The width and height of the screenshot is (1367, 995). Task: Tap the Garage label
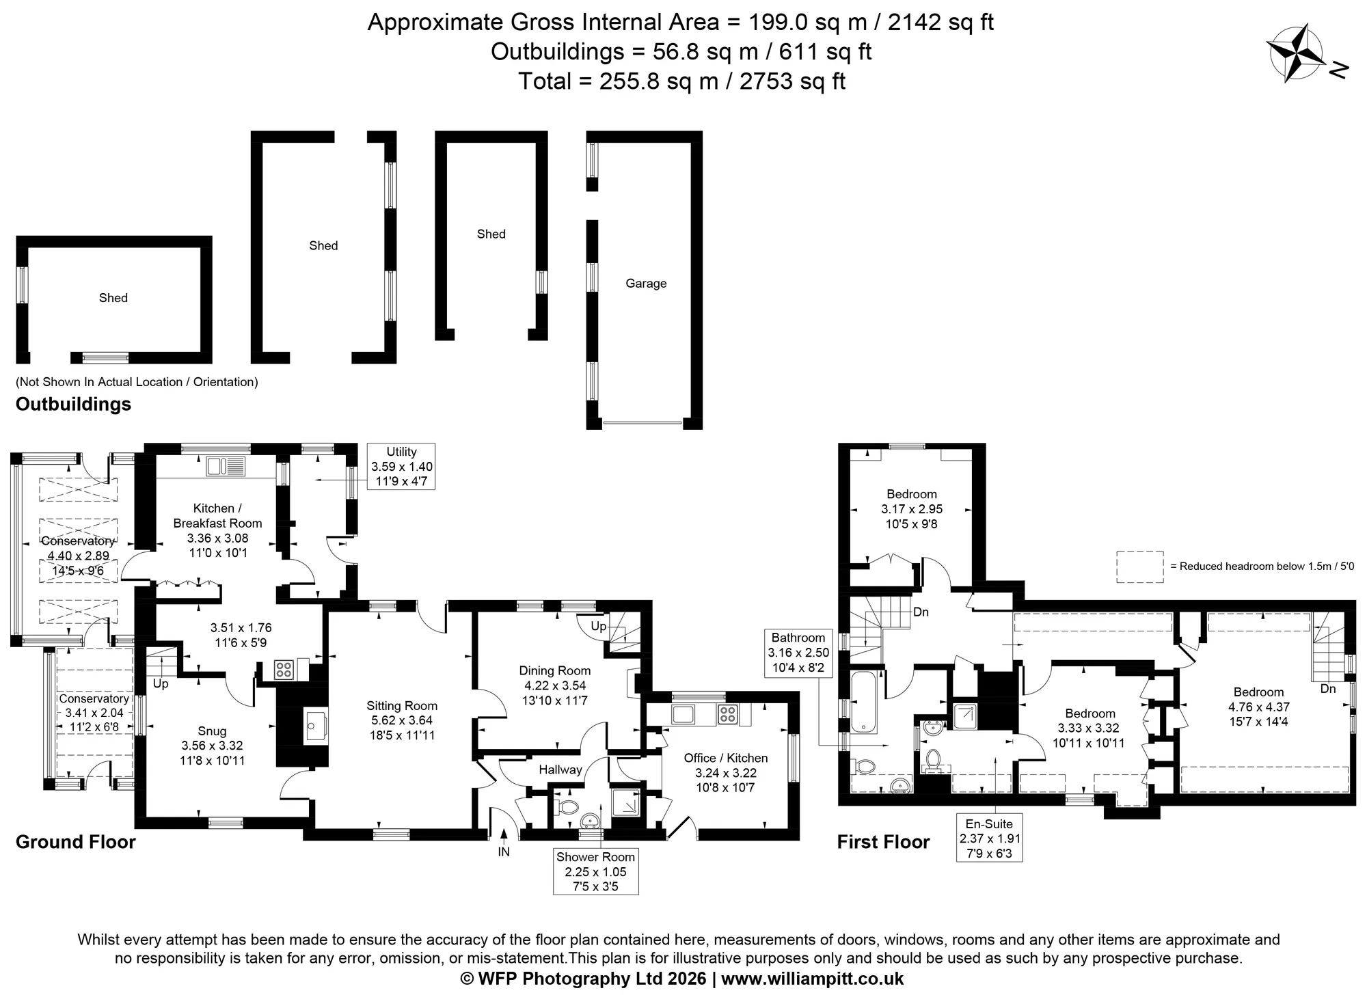[646, 284]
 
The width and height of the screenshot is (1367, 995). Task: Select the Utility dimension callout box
[401, 467]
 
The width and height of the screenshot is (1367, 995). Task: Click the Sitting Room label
[402, 706]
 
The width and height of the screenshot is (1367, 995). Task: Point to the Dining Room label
[554, 670]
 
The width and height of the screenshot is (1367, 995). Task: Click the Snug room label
[212, 731]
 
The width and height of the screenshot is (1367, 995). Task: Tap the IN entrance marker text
[504, 852]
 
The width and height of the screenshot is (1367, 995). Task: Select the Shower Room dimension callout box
[595, 871]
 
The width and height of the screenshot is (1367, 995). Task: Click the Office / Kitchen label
[726, 758]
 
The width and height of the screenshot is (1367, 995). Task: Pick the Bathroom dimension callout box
[798, 653]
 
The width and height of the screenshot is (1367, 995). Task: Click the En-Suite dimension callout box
[989, 838]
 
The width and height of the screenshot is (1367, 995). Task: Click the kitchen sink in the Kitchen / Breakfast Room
[226, 467]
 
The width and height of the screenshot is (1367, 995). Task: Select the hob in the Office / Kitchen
[727, 715]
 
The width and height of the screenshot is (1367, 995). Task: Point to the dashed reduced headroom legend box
[1140, 567]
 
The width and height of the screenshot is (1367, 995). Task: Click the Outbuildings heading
[73, 404]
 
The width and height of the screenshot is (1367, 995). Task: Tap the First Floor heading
[883, 842]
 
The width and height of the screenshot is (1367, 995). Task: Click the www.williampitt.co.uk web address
[812, 979]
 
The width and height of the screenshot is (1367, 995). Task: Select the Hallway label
[560, 769]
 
